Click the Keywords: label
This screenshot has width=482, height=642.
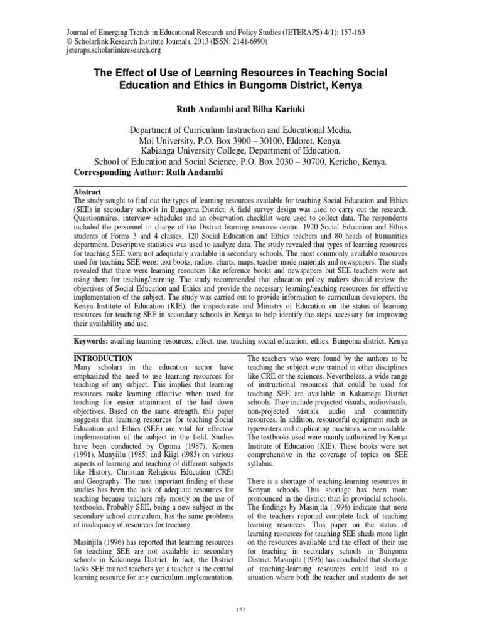(x=92, y=342)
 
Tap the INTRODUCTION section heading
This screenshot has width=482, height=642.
(x=103, y=358)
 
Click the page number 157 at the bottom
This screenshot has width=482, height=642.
(x=241, y=608)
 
